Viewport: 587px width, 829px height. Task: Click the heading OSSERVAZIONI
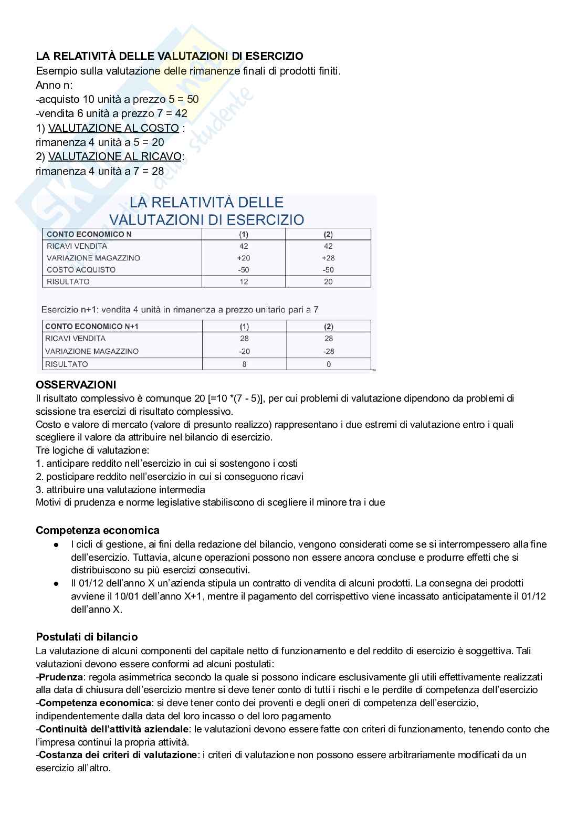point(76,385)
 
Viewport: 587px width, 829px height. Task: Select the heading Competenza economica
point(97,530)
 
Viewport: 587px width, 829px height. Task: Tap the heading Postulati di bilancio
point(87,637)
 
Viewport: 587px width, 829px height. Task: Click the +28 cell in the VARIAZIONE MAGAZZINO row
point(328,258)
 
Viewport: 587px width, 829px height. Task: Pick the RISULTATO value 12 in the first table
point(244,281)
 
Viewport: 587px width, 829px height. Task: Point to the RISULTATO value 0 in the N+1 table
point(329,364)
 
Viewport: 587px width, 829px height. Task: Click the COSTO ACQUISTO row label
point(81,269)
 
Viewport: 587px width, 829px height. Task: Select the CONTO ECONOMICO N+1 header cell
point(92,326)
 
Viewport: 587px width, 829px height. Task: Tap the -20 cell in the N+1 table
point(244,351)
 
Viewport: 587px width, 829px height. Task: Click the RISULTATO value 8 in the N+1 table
point(244,364)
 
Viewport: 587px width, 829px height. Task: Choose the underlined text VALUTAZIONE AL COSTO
point(113,128)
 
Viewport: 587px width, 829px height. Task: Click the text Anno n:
point(55,85)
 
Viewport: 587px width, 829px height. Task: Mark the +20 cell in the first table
point(244,258)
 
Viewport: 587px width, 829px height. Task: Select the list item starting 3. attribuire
point(120,489)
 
